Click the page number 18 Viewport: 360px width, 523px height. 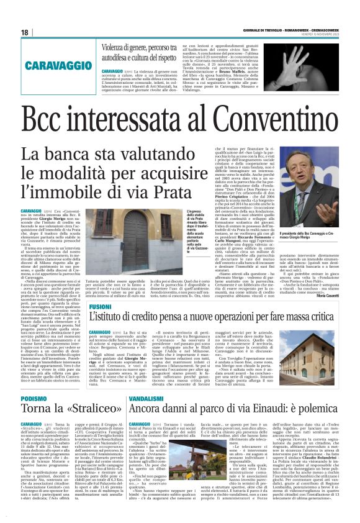(25, 33)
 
